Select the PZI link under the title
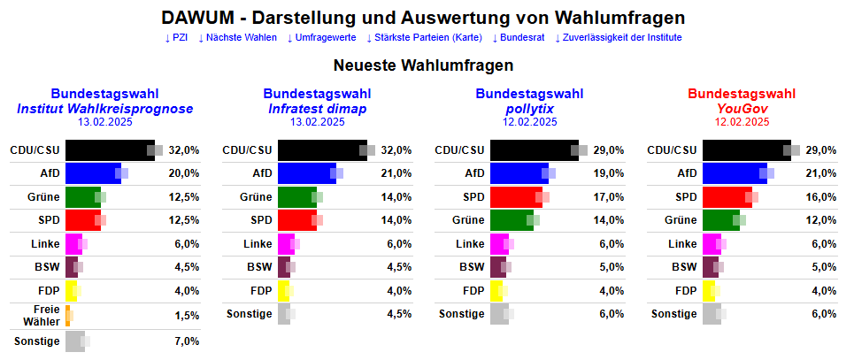(x=176, y=37)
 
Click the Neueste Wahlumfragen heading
(x=424, y=65)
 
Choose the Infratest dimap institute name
(x=317, y=109)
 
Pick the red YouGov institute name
(x=742, y=109)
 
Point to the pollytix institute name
(x=529, y=109)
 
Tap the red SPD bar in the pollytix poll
(x=514, y=196)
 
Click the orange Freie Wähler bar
(x=67, y=314)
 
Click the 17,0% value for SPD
(x=609, y=196)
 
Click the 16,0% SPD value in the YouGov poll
(x=821, y=196)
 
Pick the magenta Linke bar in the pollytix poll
(x=499, y=244)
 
